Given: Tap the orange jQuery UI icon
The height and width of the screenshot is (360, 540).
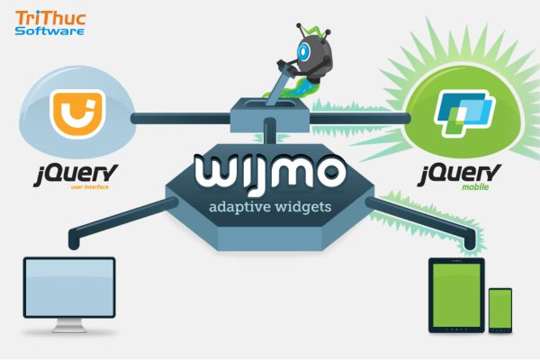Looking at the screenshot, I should tap(76, 114).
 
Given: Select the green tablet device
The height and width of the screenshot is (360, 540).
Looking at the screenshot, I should tap(455, 292).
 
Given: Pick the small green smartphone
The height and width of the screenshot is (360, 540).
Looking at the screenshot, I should tap(499, 309).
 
